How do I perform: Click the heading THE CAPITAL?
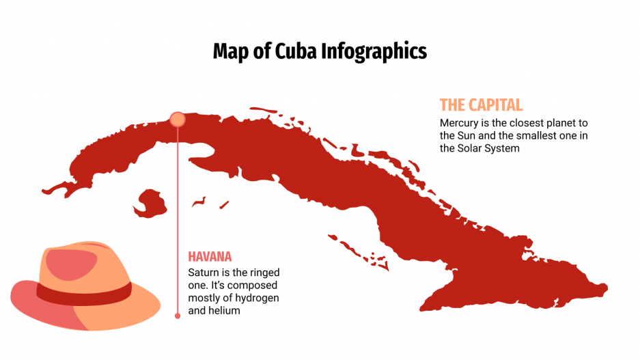coord(481,105)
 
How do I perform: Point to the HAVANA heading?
coord(210,257)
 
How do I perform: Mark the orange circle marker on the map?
coord(178,120)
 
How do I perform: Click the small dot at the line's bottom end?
coord(178,316)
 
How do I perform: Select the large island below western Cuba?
coord(150,203)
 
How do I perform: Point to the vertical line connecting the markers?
coord(178,219)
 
